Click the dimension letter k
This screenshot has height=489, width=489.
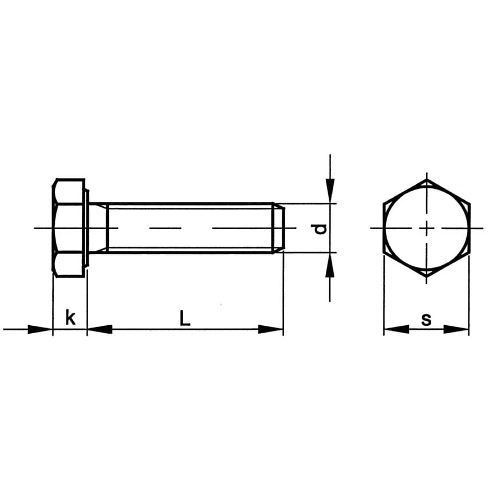tap(70, 317)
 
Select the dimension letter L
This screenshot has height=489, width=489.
tap(184, 317)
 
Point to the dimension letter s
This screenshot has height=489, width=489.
tap(426, 320)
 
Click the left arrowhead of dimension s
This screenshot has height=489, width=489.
tap(396, 329)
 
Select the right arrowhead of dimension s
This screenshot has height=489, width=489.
tap(456, 329)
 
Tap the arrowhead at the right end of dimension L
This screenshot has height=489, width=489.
tap(271, 329)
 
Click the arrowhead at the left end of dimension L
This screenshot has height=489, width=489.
tap(100, 329)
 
